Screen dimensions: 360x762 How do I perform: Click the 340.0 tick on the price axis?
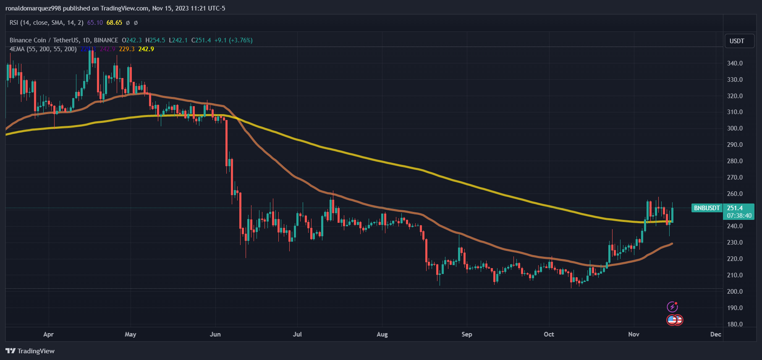pyautogui.click(x=735, y=63)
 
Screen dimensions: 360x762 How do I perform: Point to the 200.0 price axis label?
pyautogui.click(x=735, y=292)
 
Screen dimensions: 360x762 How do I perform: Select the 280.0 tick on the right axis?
pyautogui.click(x=735, y=161)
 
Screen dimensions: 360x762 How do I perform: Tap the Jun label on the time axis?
pyautogui.click(x=215, y=334)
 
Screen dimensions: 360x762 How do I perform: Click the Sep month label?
pyautogui.click(x=467, y=334)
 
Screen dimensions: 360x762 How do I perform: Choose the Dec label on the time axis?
pyautogui.click(x=715, y=334)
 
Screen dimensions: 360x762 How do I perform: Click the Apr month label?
pyautogui.click(x=48, y=334)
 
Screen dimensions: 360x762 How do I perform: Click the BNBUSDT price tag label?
pyautogui.click(x=707, y=208)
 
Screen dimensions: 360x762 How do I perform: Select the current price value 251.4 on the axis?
pyautogui.click(x=735, y=208)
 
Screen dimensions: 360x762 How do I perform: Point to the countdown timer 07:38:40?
pyautogui.click(x=739, y=216)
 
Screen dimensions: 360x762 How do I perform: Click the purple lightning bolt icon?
pyautogui.click(x=672, y=307)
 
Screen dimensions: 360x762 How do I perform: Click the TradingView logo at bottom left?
pyautogui.click(x=30, y=351)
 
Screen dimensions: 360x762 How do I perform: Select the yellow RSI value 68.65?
pyautogui.click(x=114, y=23)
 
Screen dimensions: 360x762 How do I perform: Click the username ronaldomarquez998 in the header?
pyautogui.click(x=33, y=8)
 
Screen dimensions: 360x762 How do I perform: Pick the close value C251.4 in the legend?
pyautogui.click(x=201, y=40)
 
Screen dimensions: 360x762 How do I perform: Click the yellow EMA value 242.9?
pyautogui.click(x=146, y=49)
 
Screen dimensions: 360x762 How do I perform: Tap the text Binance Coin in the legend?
pyautogui.click(x=28, y=40)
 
